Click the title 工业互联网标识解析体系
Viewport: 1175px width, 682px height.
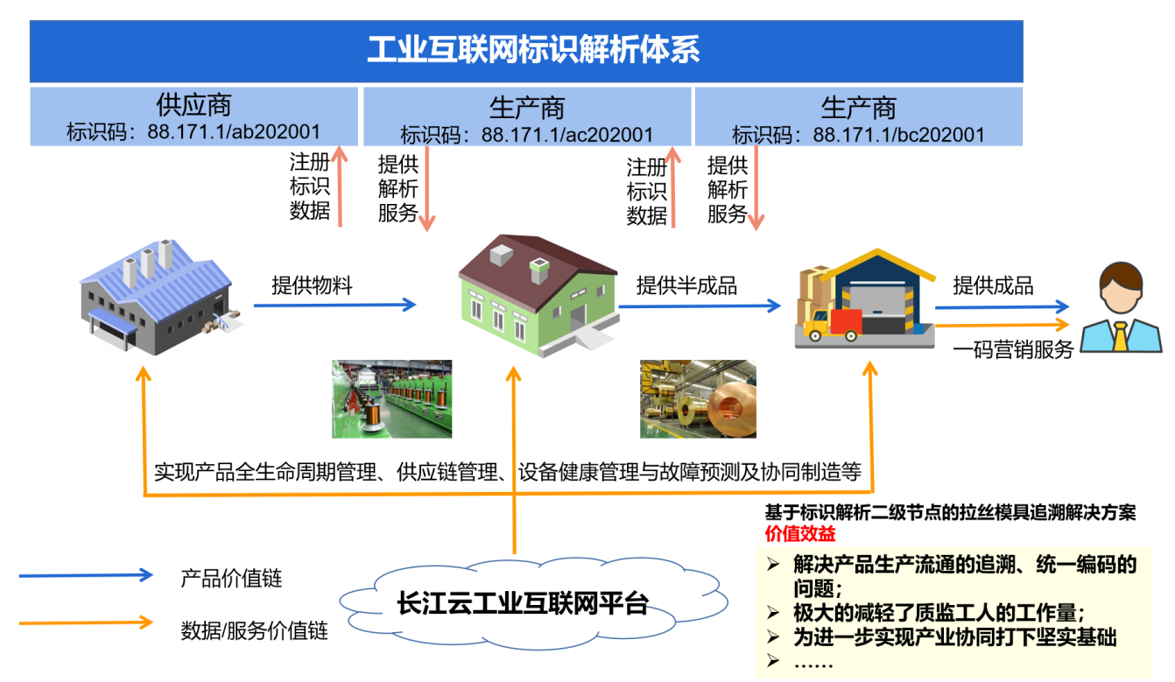(533, 50)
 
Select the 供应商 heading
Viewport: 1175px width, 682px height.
(193, 105)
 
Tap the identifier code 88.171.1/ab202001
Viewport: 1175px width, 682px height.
(234, 131)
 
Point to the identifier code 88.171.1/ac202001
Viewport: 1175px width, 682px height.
(567, 135)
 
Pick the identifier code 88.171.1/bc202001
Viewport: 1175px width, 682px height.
(899, 135)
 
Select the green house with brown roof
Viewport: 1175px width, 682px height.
(538, 295)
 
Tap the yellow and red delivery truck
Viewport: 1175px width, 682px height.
(833, 325)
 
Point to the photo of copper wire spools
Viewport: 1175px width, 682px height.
(392, 398)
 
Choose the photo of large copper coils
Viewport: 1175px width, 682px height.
(698, 398)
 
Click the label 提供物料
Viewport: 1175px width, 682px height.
(312, 285)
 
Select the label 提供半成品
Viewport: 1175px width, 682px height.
(686, 286)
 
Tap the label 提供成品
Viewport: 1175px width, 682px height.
(993, 286)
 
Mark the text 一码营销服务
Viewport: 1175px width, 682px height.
(1013, 349)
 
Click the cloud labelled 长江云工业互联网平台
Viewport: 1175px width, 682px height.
(533, 603)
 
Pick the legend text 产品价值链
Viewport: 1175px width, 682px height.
(231, 578)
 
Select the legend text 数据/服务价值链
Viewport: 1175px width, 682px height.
(255, 630)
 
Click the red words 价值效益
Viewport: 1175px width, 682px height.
(800, 533)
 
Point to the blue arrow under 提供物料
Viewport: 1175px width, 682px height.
(334, 305)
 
